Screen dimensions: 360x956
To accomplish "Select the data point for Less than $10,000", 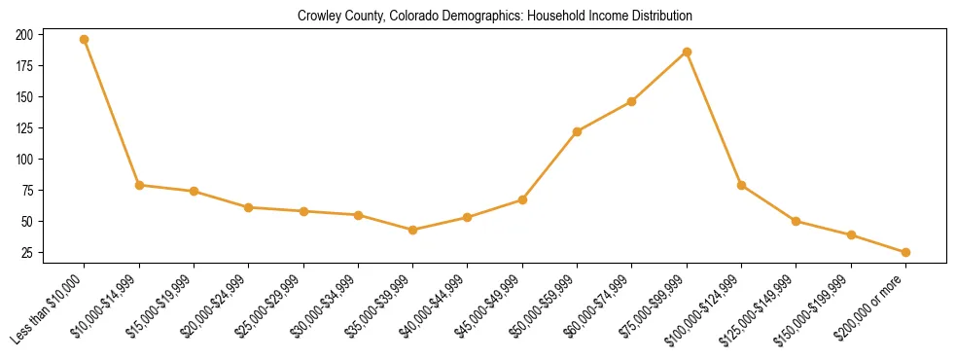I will [85, 40].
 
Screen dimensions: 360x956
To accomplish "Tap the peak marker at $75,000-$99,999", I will [687, 52].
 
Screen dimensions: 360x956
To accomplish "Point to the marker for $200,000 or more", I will [905, 252].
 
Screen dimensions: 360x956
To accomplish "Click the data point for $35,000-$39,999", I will [413, 230].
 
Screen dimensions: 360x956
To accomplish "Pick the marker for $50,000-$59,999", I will [578, 131].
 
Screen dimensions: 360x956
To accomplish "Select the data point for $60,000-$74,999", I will [632, 101].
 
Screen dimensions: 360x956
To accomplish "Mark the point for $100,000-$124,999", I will [741, 185].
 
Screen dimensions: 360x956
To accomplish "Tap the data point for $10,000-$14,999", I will [139, 185].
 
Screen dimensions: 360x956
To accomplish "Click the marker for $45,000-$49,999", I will [522, 199].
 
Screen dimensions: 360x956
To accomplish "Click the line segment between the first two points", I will [112, 113].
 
